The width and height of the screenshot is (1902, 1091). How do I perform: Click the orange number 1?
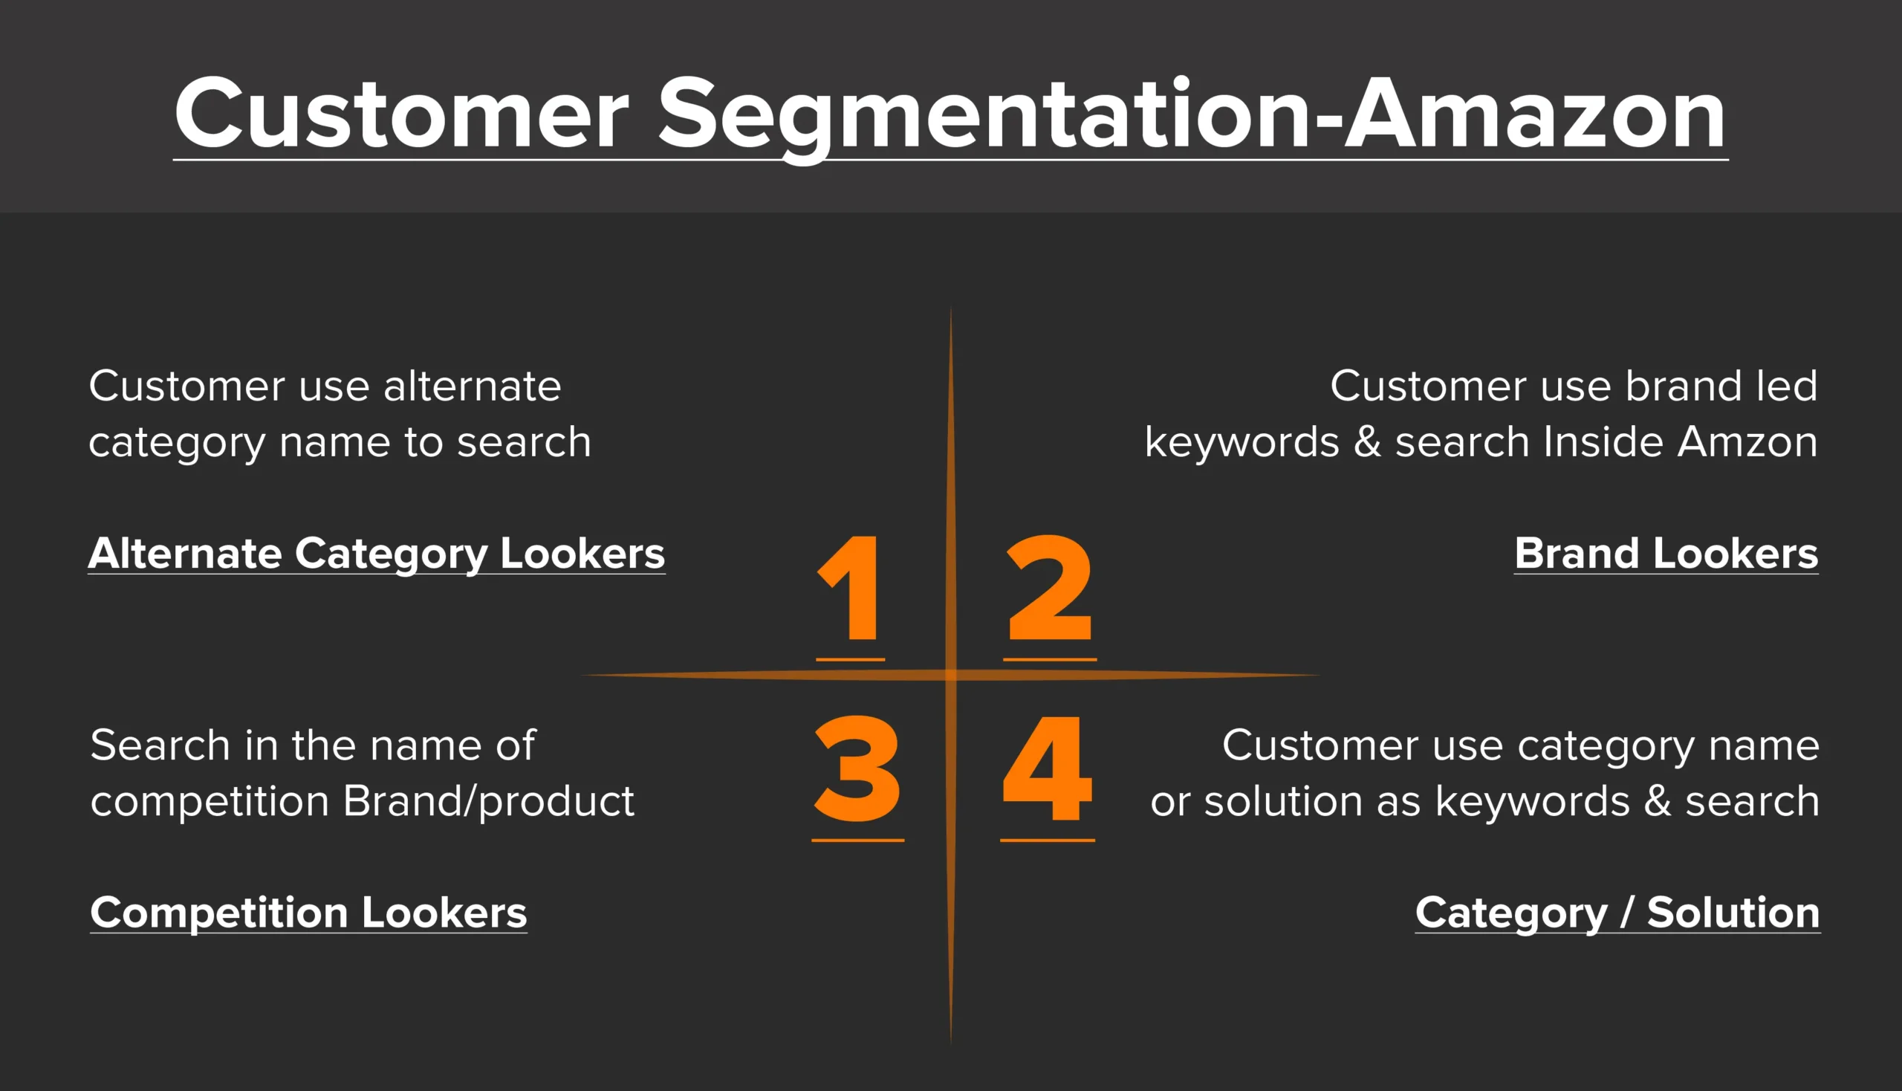point(850,588)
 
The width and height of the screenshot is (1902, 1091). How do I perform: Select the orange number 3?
point(857,768)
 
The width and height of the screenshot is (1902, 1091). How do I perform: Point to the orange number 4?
point(1048,768)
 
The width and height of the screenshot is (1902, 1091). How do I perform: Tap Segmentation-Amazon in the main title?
point(1192,118)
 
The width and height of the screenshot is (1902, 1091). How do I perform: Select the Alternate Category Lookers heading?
point(377,554)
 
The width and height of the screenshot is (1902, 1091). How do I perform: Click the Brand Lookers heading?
point(1666,554)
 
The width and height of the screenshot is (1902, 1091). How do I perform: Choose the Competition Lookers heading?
point(308,913)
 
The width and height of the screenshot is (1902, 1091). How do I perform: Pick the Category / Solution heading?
point(1617,913)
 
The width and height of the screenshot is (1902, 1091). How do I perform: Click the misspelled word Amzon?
point(1747,442)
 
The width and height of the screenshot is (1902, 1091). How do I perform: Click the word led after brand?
point(1788,386)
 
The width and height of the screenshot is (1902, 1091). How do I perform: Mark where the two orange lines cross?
point(950,675)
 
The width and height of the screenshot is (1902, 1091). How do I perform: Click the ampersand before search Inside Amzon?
point(1367,441)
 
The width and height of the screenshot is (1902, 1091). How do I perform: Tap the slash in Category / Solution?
point(1627,913)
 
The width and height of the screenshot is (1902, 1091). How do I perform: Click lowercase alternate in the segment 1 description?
point(472,386)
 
